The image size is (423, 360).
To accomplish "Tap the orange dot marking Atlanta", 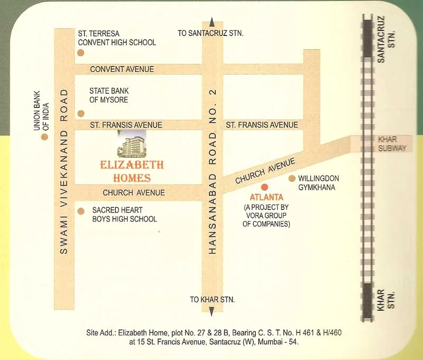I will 265,187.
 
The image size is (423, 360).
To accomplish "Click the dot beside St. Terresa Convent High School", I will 80,52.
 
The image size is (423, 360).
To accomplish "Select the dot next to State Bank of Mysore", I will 80,113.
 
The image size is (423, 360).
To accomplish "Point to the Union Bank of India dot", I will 44,137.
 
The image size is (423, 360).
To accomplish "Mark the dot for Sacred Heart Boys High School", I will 80,211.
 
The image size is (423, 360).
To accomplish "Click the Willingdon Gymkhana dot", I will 291,179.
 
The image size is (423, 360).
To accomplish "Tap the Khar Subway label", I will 392,144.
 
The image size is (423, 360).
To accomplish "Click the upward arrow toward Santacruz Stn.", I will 212,22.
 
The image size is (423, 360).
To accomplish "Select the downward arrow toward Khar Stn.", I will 212,311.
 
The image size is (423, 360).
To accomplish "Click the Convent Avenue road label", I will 122,69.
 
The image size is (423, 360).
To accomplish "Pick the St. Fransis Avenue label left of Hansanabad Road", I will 126,125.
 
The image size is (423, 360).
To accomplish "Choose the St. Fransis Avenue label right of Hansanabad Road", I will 262,125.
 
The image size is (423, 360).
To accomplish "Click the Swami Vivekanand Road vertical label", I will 64,171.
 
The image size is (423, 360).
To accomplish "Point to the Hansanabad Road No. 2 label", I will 213,171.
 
